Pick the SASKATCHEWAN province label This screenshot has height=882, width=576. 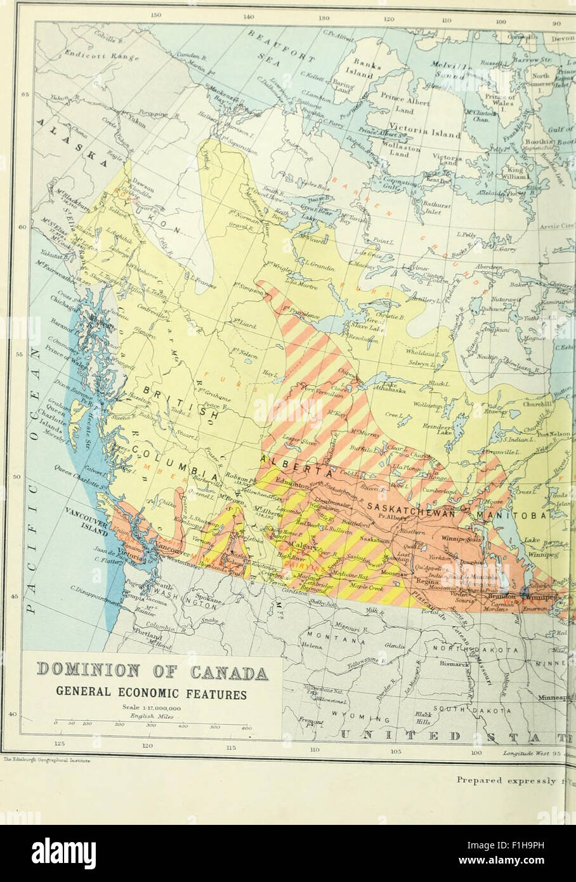coord(416,510)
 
